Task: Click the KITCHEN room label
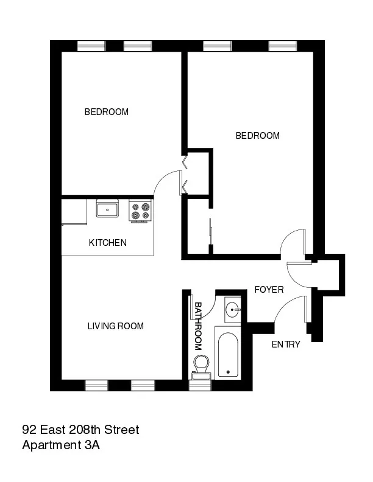pos(108,243)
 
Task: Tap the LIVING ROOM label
pos(116,326)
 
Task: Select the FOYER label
pos(269,290)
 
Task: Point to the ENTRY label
pos(286,344)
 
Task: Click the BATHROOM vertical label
pos(198,327)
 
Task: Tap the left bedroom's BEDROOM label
pos(107,112)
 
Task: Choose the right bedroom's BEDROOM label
pos(258,136)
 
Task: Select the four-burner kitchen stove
pos(140,211)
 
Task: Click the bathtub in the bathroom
pos(228,354)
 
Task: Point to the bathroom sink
pos(233,310)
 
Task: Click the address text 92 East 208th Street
pos(80,430)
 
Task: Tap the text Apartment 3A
pos(61,445)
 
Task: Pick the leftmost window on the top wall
pos(91,46)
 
